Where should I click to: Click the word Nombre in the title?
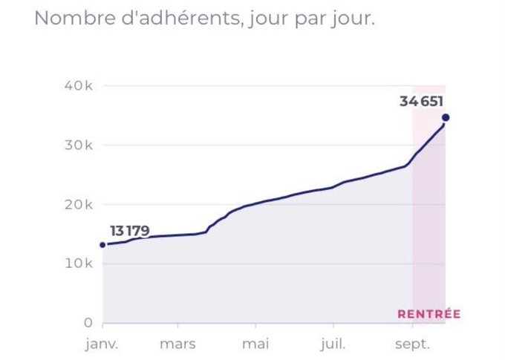click(75, 18)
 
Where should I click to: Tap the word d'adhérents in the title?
click(181, 18)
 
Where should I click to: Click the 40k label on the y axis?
click(79, 86)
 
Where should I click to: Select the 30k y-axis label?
click(79, 145)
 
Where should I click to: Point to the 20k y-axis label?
click(79, 204)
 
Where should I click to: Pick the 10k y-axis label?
click(79, 264)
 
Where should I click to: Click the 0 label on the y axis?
click(88, 323)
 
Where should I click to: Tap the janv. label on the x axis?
click(102, 344)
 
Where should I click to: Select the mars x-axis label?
click(177, 344)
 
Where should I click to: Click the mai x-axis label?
click(255, 344)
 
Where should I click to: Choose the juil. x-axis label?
click(333, 344)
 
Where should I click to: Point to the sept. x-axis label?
click(413, 344)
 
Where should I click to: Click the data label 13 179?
click(130, 231)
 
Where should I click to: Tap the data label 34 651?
click(421, 102)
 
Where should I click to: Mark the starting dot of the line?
click(102, 245)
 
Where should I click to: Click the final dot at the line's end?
click(446, 117)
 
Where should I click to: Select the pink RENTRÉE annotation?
click(429, 314)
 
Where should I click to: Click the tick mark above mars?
click(177, 326)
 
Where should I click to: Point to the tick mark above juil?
click(333, 326)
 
